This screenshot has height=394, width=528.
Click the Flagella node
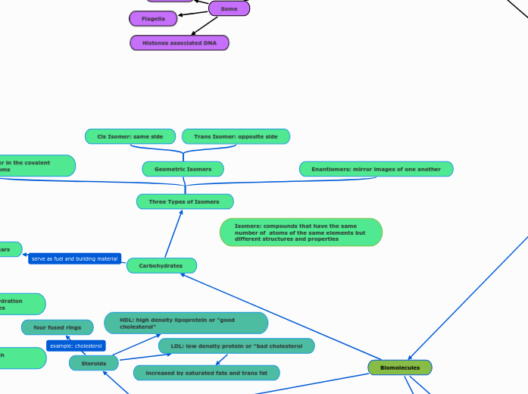pos(153,18)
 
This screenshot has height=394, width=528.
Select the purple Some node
pos(228,8)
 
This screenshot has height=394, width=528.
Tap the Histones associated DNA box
pos(180,42)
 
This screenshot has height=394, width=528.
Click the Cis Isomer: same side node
pos(130,136)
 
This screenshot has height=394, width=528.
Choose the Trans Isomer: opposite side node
pos(236,136)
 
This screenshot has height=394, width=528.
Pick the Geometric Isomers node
pos(183,169)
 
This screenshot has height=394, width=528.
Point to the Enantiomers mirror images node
pos(376,169)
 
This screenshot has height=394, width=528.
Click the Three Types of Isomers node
pos(185,202)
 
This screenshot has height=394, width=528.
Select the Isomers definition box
pos(301,233)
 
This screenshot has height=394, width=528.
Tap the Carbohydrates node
pos(161,266)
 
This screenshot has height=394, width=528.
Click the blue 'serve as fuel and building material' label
pos(74,259)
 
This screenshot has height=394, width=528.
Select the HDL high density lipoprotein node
pos(186,324)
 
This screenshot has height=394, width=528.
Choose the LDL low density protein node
pos(236,346)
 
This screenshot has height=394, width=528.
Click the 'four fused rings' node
pos(58,327)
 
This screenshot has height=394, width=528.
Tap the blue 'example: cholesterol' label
pos(76,346)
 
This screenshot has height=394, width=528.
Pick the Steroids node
pos(94,364)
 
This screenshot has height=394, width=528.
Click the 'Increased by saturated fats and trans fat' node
pos(206,373)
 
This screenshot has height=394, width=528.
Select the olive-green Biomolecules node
pos(400,367)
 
